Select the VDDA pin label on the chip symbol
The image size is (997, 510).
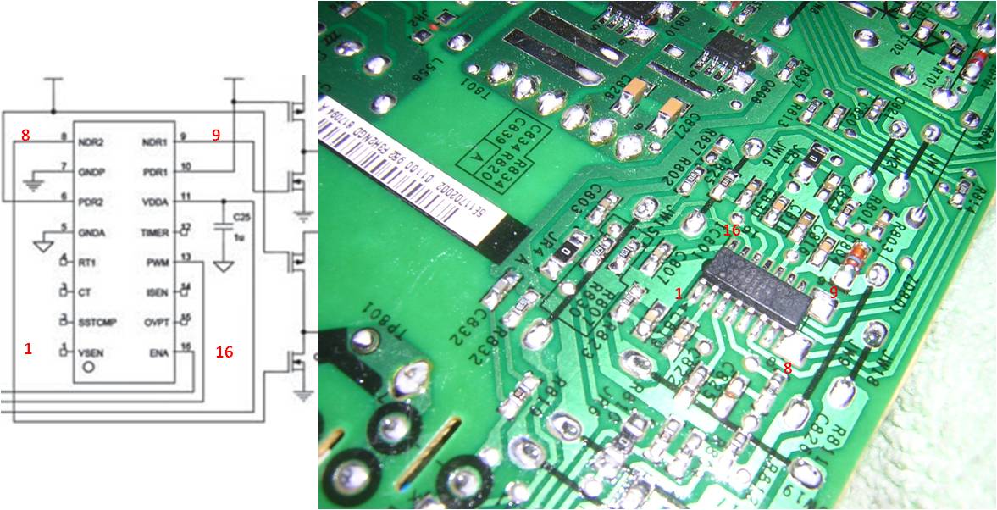pos(158,202)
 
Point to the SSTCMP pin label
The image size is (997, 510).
pos(97,322)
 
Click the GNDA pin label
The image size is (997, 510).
pos(91,232)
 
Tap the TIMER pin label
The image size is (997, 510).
pos(156,232)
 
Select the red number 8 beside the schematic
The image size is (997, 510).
pos(25,135)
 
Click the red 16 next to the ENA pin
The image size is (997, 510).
pos(224,352)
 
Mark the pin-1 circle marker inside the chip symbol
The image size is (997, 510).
pos(87,370)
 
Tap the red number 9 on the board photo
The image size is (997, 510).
pos(834,291)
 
